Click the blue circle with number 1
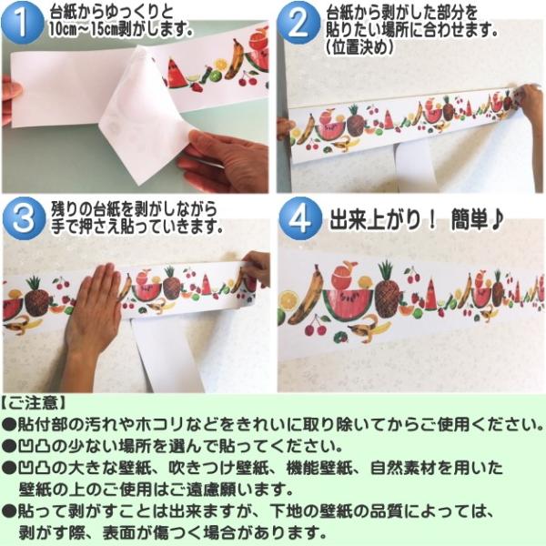[x=23, y=23]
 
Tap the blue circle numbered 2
[x=298, y=23]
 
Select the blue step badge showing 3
[x=24, y=218]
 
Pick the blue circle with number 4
[x=300, y=218]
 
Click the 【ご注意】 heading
[x=34, y=403]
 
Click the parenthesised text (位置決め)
[x=359, y=46]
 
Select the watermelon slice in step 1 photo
[x=177, y=73]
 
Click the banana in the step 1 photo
[x=235, y=58]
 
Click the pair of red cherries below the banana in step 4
[x=316, y=326]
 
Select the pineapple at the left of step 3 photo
[x=36, y=297]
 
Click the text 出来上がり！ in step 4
[x=382, y=219]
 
